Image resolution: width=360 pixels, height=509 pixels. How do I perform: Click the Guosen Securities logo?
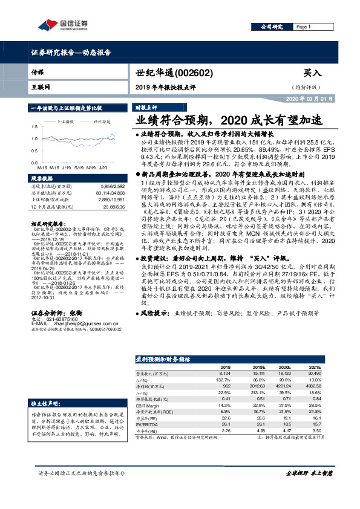[62, 25]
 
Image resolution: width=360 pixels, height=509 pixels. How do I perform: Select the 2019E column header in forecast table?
[259, 367]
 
